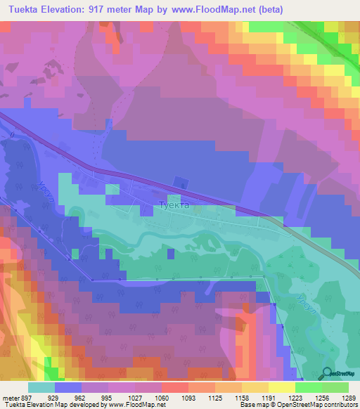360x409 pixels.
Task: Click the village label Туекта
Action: coord(174,206)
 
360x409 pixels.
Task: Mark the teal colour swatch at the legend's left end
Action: coord(41,387)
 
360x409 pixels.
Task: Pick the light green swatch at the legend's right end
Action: coord(335,387)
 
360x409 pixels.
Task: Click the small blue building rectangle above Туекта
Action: coord(184,186)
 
